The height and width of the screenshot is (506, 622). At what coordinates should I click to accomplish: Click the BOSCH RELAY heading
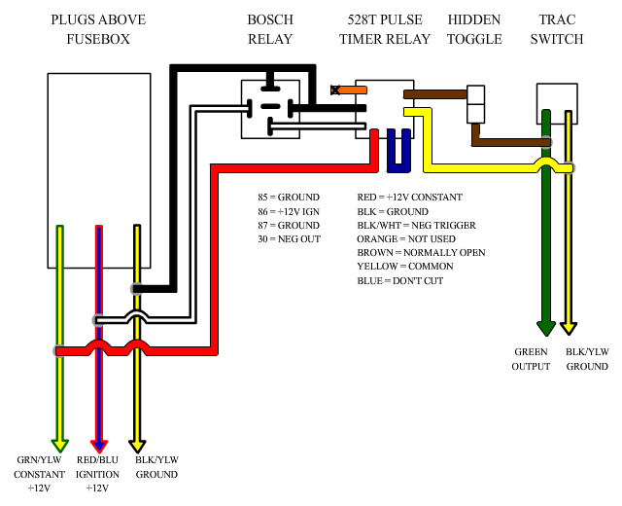click(269, 29)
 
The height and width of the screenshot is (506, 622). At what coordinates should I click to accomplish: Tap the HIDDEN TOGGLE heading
click(475, 29)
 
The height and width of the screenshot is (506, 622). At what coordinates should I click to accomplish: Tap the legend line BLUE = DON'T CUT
click(399, 281)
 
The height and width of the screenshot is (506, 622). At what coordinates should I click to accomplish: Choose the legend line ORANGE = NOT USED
click(404, 239)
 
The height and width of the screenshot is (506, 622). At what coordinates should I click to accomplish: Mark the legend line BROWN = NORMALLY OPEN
click(421, 253)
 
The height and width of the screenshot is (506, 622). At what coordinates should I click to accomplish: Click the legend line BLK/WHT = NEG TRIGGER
click(417, 225)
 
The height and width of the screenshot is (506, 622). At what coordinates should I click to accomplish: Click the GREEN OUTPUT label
click(532, 359)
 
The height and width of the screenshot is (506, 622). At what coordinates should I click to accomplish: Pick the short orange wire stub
click(351, 90)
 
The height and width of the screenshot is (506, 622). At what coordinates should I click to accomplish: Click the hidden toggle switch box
click(476, 104)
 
